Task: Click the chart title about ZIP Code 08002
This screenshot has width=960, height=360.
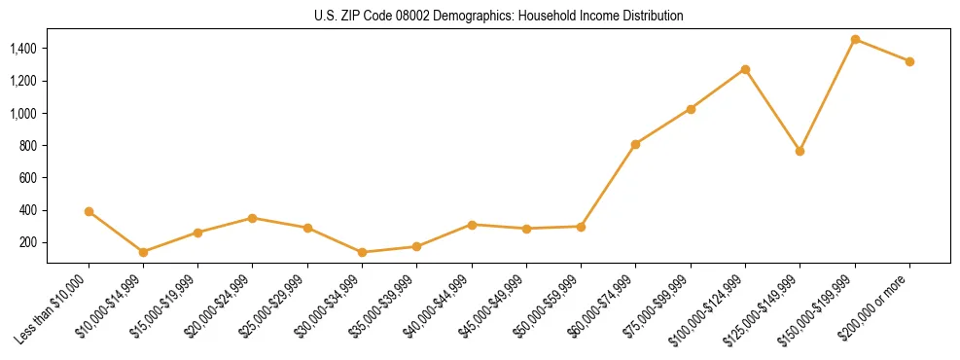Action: [x=498, y=16]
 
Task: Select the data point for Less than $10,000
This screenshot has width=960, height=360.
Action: [x=89, y=211]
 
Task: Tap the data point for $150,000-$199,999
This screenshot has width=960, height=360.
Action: [x=855, y=39]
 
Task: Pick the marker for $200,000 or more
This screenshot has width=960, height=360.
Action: [x=909, y=61]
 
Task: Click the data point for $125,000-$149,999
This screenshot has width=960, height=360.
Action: [x=800, y=151]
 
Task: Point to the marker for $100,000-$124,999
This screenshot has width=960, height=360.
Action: [x=745, y=69]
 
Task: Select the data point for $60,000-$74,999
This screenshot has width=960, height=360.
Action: [x=635, y=144]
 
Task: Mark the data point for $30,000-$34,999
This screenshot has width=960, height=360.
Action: [x=362, y=252]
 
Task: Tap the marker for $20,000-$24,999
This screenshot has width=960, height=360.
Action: [x=253, y=218]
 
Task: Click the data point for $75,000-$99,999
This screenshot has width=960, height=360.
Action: [x=691, y=109]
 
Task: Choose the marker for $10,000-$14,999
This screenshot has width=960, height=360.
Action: [x=143, y=252]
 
